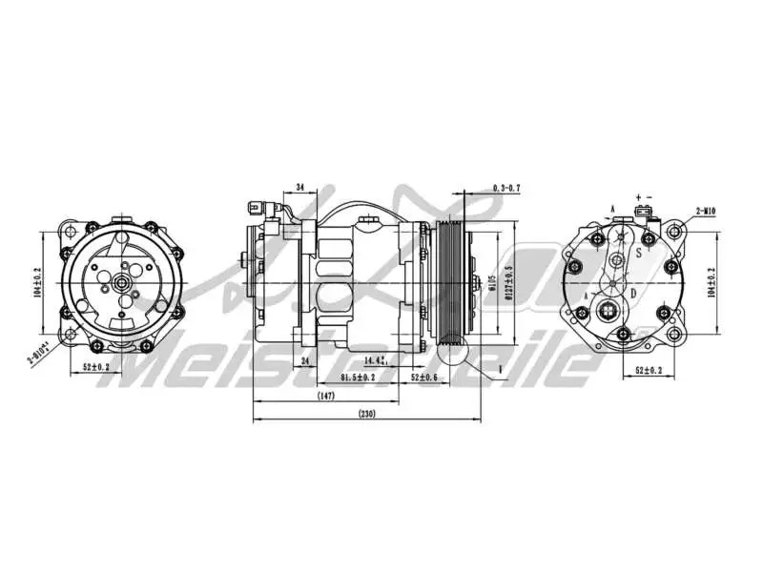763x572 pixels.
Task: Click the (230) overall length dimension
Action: click(x=366, y=413)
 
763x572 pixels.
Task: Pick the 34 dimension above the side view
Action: click(x=300, y=187)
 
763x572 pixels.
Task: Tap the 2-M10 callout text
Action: click(x=708, y=210)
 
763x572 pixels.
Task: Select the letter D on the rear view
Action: click(x=633, y=292)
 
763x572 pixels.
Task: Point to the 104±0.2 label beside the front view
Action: click(x=38, y=283)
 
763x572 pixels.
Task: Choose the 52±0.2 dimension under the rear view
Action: click(x=650, y=369)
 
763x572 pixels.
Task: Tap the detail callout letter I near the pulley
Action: click(x=499, y=366)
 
